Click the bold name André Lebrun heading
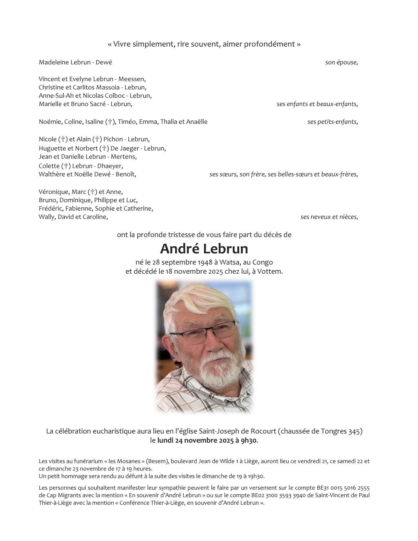pos(204,249)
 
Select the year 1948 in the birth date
pos(202,262)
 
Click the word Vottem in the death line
pos(269,271)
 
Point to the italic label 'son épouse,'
pos(342,62)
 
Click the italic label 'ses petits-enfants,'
pos(333,122)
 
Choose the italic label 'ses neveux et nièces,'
pos(329,217)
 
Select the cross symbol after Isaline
pos(110,122)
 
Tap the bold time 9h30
pos(250,441)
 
